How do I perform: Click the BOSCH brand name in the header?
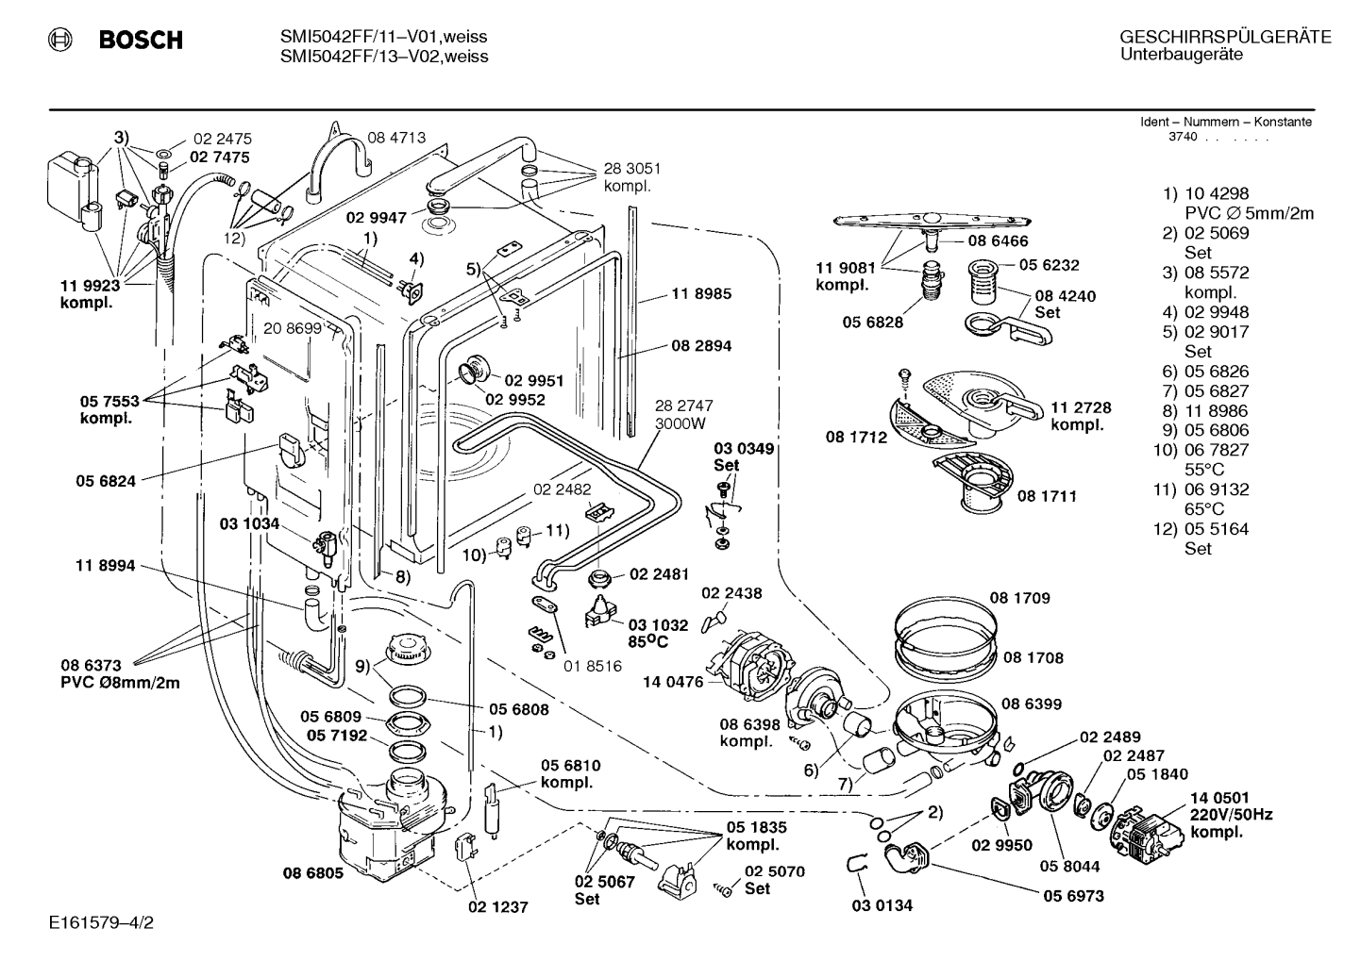tap(141, 40)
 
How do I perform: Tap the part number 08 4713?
tap(396, 138)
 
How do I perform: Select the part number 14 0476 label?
tap(673, 682)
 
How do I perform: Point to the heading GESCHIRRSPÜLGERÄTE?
tap(1225, 37)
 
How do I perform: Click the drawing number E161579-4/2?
tap(102, 922)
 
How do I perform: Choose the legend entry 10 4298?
tap(1217, 193)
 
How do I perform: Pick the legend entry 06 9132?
tap(1217, 489)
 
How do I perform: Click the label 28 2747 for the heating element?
tap(683, 406)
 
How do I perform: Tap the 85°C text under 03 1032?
tap(647, 641)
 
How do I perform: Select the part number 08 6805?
tap(313, 873)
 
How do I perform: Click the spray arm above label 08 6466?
tap(933, 222)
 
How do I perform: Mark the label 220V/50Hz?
tap(1231, 815)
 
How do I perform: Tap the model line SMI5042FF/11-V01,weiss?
tap(383, 37)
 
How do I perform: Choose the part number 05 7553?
tap(109, 401)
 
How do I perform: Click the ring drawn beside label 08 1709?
tap(946, 627)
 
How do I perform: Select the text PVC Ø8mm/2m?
tap(120, 683)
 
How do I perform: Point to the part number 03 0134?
tap(882, 905)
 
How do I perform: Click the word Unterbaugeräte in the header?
tap(1182, 55)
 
